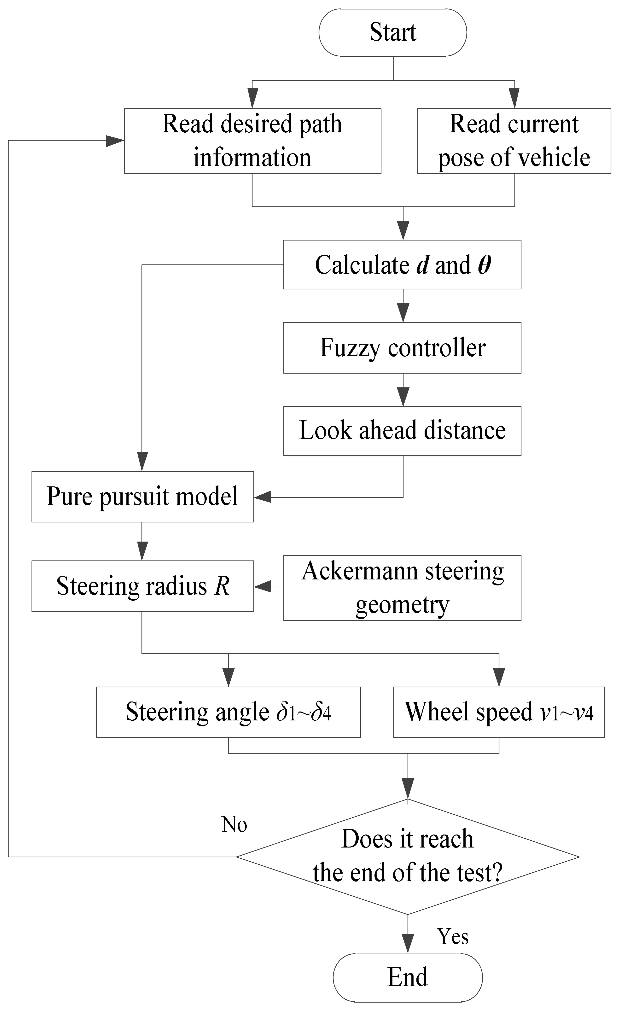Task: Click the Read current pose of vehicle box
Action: (513, 141)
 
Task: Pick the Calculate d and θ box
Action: (402, 264)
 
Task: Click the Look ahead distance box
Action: (402, 431)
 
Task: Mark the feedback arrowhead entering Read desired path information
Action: (115, 140)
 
